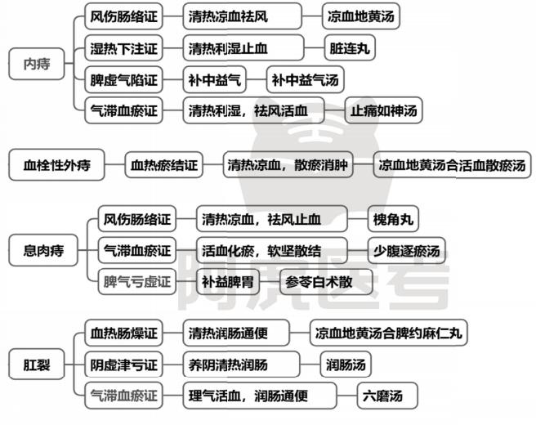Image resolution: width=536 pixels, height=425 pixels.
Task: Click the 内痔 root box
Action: tap(37, 64)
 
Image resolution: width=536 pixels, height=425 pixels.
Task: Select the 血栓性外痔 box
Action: tap(56, 165)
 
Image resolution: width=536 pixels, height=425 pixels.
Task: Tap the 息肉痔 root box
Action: tap(43, 250)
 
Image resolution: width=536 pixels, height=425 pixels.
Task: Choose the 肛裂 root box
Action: tap(37, 365)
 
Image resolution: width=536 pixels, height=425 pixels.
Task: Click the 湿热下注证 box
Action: tap(123, 48)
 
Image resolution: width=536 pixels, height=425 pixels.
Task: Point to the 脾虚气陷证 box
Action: tap(123, 79)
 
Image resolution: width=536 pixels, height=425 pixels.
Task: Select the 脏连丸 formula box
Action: tap(350, 48)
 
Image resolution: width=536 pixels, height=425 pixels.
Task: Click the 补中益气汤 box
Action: tap(305, 79)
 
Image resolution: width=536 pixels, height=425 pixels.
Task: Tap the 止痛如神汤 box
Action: tap(383, 110)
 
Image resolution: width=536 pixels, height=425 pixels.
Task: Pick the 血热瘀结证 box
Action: tap(163, 165)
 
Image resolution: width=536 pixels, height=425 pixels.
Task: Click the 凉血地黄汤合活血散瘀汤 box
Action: tap(452, 165)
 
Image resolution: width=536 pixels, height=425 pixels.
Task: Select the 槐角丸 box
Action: tap(393, 219)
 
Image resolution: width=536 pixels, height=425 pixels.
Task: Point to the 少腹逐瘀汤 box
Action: tap(406, 251)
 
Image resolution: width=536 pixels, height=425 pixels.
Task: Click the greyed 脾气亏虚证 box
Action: tap(137, 282)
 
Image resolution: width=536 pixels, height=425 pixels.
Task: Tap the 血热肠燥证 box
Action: tap(123, 333)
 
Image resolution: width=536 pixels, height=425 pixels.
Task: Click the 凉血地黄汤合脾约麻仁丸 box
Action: tap(388, 333)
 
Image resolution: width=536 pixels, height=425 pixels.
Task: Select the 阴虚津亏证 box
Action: tap(123, 365)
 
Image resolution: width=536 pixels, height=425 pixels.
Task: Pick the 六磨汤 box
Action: tap(387, 396)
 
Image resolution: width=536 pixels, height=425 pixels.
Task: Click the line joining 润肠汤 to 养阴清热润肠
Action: tap(310, 365)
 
